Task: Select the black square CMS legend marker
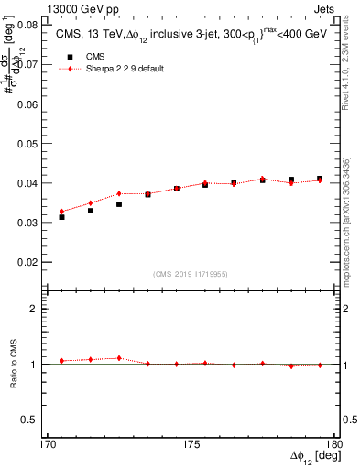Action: tap(65, 56)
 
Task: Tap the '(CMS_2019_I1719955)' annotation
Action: tap(191, 273)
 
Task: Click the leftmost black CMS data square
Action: tap(61, 217)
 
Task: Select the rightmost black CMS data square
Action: tap(320, 179)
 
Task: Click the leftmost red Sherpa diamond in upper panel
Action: tap(61, 212)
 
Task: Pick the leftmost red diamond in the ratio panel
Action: tap(61, 361)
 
